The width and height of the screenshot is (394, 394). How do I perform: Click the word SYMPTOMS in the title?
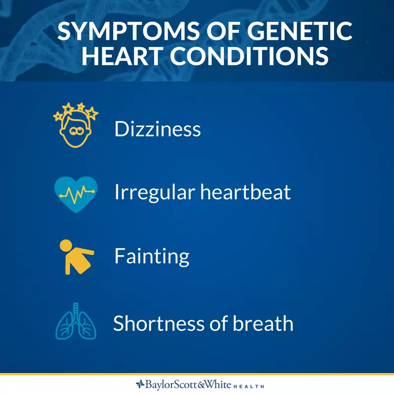tap(129, 31)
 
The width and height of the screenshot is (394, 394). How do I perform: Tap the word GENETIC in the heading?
tap(299, 31)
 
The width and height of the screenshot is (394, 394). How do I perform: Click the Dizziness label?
tap(158, 129)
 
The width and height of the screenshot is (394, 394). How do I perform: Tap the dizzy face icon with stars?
tap(76, 125)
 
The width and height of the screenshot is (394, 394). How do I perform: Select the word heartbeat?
tap(245, 192)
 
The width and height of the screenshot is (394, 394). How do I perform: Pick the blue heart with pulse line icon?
tap(76, 194)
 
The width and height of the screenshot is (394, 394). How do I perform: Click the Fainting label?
tap(152, 257)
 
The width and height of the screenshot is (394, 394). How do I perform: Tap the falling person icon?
tap(77, 257)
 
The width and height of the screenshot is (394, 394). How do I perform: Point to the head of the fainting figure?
tap(66, 245)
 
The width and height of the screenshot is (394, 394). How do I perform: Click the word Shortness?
tap(159, 323)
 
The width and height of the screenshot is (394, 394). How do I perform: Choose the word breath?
tap(263, 323)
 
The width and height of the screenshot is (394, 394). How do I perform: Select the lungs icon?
tap(76, 321)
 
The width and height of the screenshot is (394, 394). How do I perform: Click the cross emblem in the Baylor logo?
tap(140, 384)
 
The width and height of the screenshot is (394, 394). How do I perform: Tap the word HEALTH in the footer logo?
tap(248, 386)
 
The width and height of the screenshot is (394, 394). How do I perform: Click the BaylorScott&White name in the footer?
tap(188, 384)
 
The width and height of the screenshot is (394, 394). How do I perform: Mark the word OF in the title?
tap(224, 31)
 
